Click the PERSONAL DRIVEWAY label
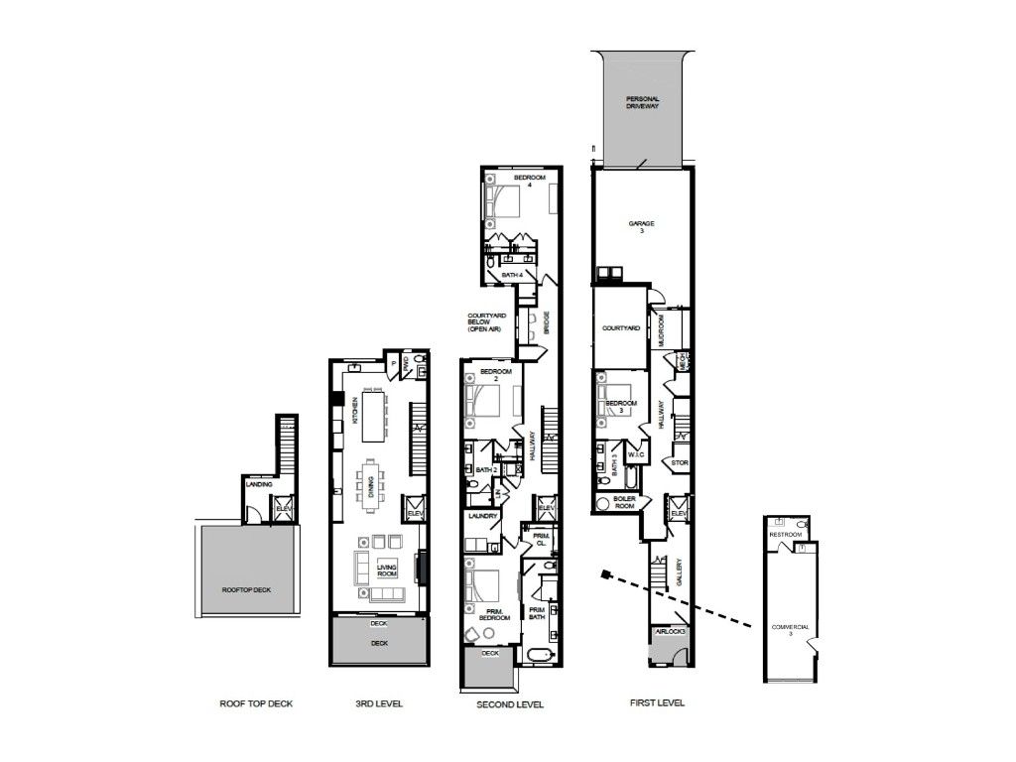[642, 102]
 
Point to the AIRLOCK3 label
[672, 632]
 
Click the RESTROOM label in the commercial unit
[787, 535]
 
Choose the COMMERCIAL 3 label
[791, 630]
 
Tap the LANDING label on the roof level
[259, 484]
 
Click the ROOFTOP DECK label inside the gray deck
[246, 589]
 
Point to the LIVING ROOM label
[387, 571]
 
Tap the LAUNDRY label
[483, 516]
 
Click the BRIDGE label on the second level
[547, 324]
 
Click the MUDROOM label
[660, 331]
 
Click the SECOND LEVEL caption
[511, 704]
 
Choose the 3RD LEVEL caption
[378, 704]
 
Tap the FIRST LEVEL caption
[657, 703]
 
